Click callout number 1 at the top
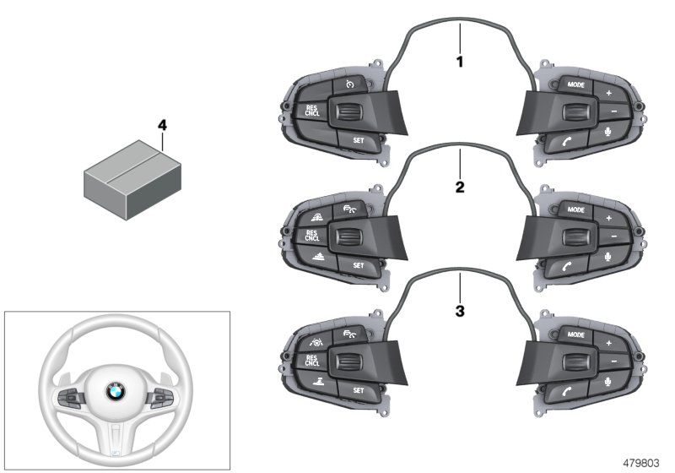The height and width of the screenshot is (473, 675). click(460, 63)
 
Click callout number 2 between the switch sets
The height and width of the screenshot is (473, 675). click(460, 188)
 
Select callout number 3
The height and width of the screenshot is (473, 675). click(460, 312)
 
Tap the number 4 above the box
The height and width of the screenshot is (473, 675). click(162, 125)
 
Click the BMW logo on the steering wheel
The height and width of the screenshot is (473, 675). click(114, 390)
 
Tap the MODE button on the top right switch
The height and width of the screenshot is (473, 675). click(576, 86)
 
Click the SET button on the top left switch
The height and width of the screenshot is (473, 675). click(359, 140)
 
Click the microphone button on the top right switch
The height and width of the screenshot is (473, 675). click(608, 132)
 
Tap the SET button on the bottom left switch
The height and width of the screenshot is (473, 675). click(359, 390)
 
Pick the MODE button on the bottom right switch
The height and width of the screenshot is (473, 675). click(576, 336)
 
